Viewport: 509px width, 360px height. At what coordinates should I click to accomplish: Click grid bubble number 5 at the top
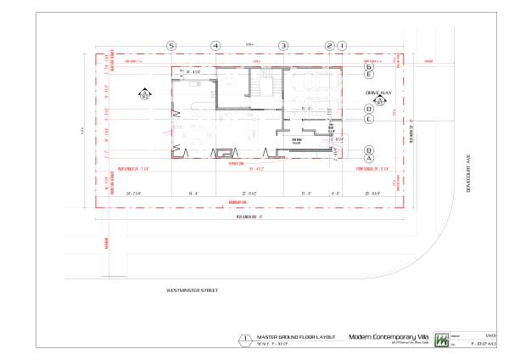171,46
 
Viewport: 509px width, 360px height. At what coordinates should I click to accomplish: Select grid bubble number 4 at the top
215,46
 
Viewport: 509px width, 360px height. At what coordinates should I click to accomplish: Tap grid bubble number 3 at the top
283,46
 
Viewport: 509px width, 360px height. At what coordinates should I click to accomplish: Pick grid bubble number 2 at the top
330,46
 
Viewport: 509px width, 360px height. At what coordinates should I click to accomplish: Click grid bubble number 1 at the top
342,46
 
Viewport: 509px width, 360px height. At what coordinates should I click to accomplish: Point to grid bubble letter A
369,158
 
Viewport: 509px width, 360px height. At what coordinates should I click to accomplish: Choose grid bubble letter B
369,149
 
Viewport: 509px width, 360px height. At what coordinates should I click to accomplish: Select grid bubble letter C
369,119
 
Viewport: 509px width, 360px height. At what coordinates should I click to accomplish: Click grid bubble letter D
369,109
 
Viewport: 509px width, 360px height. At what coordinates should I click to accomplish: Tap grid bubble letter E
369,76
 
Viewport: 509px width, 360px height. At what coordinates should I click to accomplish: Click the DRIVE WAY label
379,92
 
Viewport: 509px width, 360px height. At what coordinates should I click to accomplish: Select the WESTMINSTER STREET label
193,290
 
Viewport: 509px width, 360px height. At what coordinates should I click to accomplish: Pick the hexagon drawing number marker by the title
245,339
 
